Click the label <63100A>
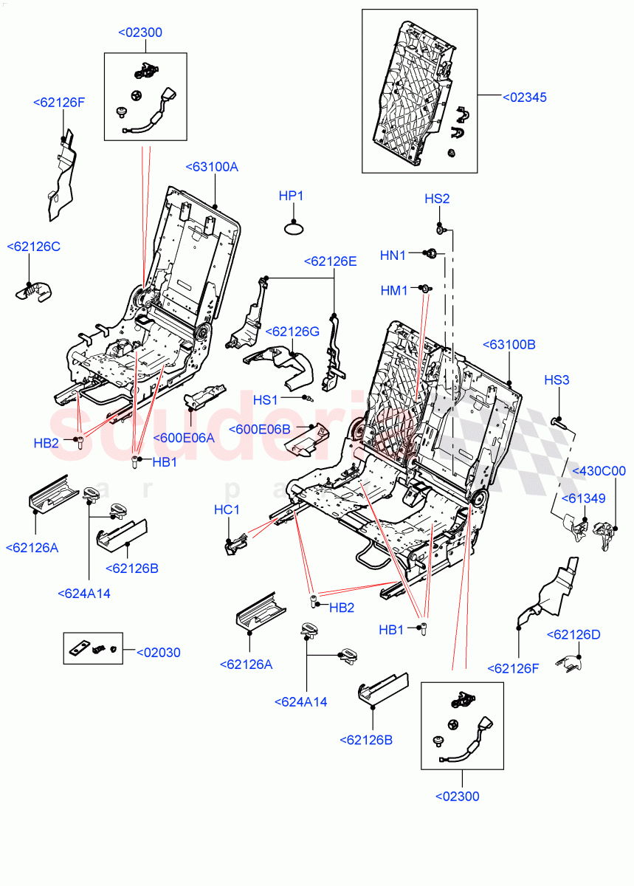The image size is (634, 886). click(211, 167)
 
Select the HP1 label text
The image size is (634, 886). click(291, 196)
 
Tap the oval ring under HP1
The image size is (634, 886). click(294, 228)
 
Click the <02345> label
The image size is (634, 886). click(525, 97)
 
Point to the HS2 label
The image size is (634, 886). click(437, 199)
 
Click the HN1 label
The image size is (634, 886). click(393, 255)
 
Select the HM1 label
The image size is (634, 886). click(394, 291)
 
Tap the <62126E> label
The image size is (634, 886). click(330, 261)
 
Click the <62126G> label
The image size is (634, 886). click(292, 332)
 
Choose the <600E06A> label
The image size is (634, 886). click(184, 437)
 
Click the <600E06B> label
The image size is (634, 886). click(260, 429)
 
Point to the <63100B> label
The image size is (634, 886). click(509, 344)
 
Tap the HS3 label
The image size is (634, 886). click(557, 380)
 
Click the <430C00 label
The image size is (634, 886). click(599, 470)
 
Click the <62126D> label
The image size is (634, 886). click(573, 634)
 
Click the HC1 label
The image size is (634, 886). click(227, 509)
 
